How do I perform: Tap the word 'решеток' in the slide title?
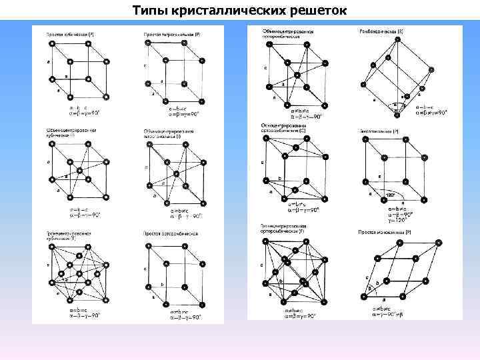(x=317, y=11)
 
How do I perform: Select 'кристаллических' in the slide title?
(x=231, y=11)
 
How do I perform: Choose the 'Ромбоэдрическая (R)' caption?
(x=381, y=31)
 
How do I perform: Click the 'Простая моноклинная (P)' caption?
(x=385, y=231)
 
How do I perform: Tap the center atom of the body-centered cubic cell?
(x=79, y=171)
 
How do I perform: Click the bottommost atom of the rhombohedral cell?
(x=397, y=115)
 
